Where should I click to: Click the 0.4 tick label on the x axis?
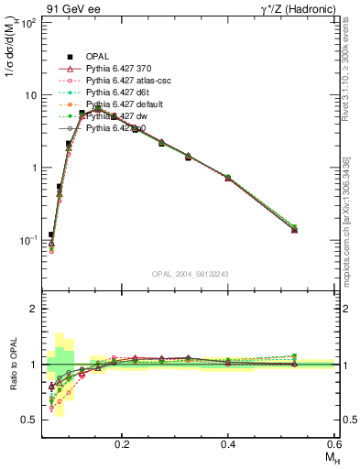229,443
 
